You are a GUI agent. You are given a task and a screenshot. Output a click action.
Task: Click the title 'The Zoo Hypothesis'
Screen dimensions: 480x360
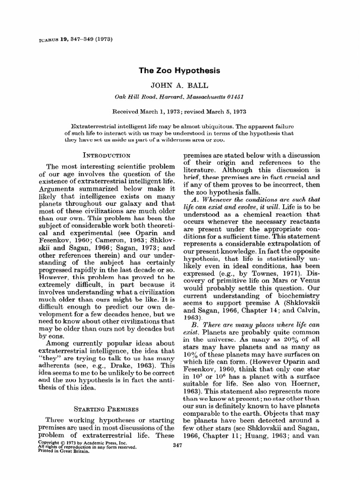click(180, 71)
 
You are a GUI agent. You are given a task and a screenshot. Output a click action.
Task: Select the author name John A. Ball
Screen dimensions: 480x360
click(180, 86)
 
